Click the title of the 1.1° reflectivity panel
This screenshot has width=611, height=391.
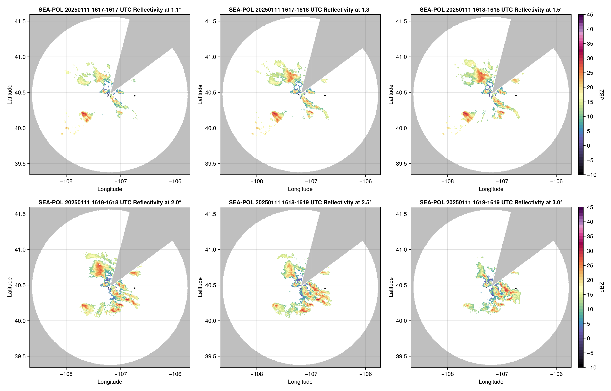110,10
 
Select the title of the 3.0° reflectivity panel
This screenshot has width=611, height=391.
491,202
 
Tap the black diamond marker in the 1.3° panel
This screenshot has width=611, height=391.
325,96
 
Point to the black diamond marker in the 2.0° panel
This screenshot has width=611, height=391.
134,288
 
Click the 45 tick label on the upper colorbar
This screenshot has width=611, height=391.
590,15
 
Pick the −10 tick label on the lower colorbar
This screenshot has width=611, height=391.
591,367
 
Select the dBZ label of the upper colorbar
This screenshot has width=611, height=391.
602,95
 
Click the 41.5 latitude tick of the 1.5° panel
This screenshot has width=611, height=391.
401,21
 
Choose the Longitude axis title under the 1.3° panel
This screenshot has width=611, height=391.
300,189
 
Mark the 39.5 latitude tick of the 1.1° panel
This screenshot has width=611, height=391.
20,163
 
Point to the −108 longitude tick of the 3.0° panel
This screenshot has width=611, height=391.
447,374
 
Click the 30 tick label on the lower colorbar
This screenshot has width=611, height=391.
590,251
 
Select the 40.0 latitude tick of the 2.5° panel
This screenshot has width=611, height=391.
211,321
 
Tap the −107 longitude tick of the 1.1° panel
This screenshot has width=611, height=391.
120,181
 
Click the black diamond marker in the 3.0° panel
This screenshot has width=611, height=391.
516,288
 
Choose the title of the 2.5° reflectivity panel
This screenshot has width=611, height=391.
300,202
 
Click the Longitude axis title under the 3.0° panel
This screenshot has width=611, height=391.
491,382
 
